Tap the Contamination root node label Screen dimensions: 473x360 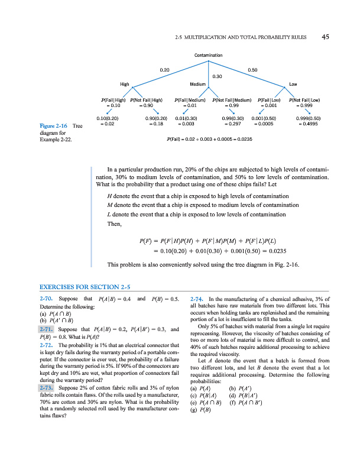tap(208, 55)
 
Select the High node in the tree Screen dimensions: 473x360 tap(125, 84)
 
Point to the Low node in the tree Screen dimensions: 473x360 tap(293, 84)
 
